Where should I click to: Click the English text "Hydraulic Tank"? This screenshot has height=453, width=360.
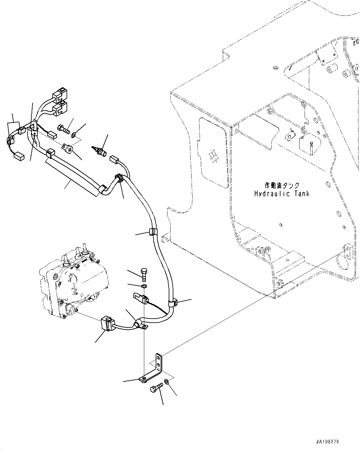coord(281,194)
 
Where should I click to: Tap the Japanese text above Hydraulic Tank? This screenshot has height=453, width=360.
coord(282,185)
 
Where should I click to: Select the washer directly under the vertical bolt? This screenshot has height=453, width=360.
coord(144,285)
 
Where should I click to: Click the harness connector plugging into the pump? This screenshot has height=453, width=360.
coord(106,324)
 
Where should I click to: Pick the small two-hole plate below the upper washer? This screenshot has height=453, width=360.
coord(68,148)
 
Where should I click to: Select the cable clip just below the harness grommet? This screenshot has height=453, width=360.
coord(152,231)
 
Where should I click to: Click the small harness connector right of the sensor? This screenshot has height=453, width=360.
coord(114,160)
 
